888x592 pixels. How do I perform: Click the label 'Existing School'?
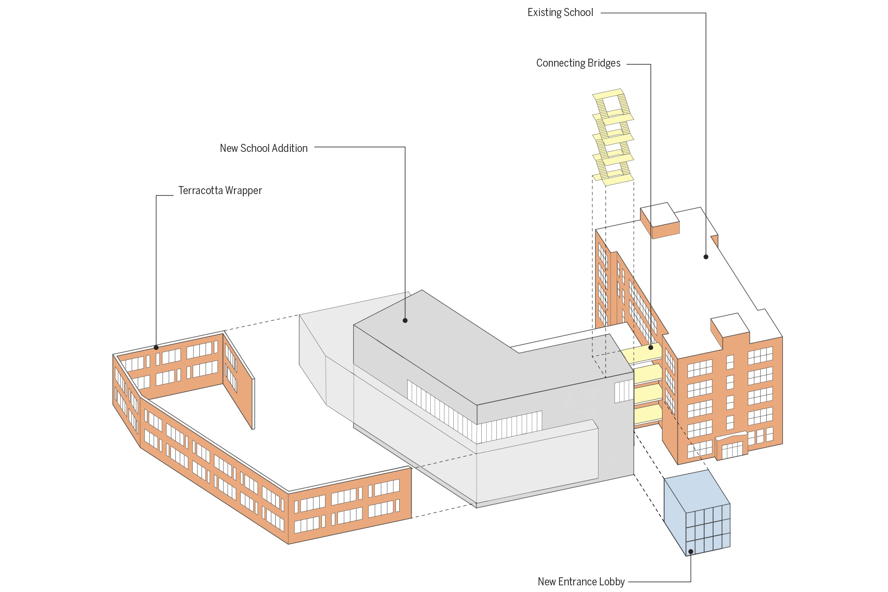coord(560,12)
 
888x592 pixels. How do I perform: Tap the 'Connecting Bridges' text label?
coord(578,63)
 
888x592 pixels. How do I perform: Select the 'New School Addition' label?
coord(263,148)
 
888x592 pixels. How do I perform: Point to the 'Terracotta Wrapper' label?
coord(220,191)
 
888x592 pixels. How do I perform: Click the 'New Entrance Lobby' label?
coord(581,582)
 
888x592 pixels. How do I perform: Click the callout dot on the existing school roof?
coord(706,257)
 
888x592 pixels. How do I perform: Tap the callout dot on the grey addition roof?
coord(405,320)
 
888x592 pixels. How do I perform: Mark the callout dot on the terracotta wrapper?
coord(156,347)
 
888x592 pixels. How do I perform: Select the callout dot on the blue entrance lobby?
coord(691,552)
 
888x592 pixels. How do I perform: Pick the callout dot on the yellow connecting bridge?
coord(651,347)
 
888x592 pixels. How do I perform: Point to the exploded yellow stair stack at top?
coord(613,138)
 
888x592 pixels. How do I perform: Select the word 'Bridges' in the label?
coord(603,63)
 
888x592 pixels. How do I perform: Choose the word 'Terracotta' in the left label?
coord(200,191)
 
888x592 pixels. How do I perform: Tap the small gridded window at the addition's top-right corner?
coord(623,391)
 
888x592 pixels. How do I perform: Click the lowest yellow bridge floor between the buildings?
coord(647,415)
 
